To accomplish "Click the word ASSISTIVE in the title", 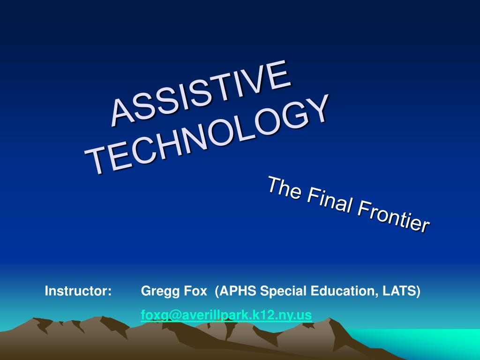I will tap(201, 94).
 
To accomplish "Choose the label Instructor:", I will tap(78, 291).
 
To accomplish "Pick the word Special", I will tap(280, 291).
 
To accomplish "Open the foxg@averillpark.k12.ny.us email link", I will tap(226, 315).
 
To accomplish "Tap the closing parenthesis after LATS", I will tap(419, 291).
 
